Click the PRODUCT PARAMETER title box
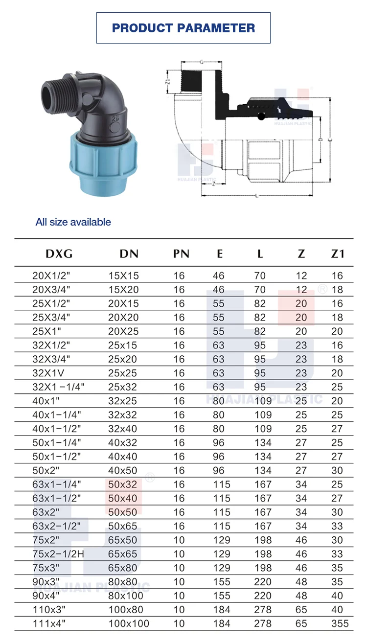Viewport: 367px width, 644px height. pos(183,28)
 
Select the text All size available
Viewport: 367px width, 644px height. pos(73,222)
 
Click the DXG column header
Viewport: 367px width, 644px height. pos(59,253)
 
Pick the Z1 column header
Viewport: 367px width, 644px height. pos(338,253)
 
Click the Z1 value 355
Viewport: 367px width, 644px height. pos(340,623)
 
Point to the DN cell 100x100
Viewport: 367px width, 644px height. pos(129,623)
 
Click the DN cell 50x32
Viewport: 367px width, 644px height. pos(123,484)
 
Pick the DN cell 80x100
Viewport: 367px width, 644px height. pos(126,596)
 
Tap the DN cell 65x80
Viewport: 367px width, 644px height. pos(123,568)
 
